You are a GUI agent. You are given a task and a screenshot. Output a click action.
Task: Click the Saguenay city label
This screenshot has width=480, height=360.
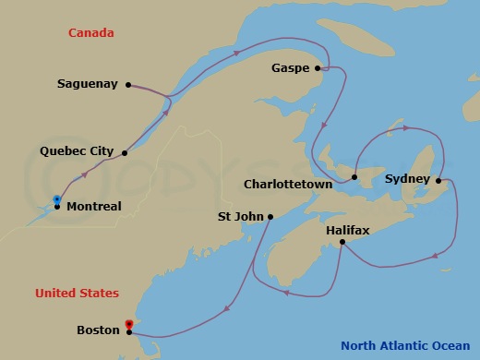click(87, 83)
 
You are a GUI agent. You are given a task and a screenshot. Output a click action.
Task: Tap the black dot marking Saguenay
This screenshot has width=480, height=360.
click(128, 83)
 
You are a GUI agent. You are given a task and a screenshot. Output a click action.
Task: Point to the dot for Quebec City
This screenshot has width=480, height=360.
click(125, 153)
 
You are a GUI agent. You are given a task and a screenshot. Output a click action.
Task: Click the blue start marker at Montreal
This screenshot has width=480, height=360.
click(56, 198)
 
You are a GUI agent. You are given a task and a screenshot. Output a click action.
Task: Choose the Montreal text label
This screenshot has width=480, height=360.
click(93, 207)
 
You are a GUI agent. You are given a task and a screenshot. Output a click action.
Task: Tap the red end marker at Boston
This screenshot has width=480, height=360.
click(129, 324)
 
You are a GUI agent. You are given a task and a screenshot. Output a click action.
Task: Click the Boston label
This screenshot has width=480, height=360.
click(98, 330)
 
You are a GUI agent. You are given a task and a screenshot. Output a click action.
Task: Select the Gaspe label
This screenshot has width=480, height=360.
click(291, 68)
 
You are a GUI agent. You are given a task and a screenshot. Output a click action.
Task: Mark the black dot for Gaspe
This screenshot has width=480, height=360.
click(318, 67)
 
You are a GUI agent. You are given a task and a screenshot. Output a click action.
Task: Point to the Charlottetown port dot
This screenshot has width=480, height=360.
click(354, 176)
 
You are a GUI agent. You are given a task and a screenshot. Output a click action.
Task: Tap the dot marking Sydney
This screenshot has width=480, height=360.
click(438, 180)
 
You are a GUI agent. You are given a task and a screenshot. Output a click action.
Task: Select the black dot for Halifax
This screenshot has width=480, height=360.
click(342, 242)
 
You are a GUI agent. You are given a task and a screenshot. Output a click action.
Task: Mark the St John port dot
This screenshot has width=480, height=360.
click(270, 217)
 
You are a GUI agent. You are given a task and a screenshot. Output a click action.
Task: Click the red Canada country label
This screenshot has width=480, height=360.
click(91, 33)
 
